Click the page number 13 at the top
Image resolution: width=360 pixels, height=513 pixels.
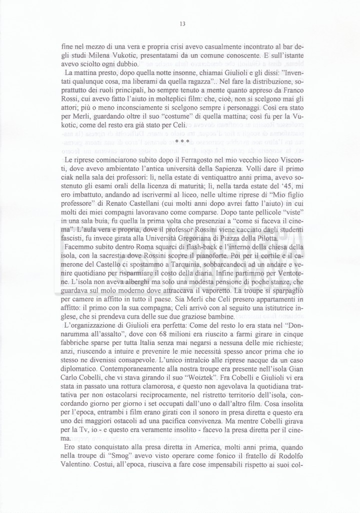click(182, 24)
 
